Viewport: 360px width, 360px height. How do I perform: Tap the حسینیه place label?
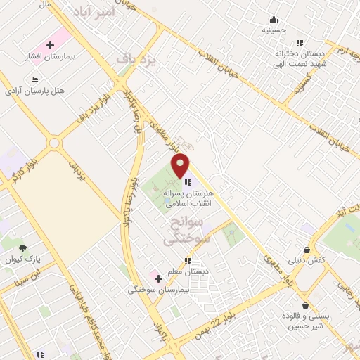click(x=273, y=30)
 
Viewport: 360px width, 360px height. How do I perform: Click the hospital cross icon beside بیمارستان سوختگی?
click(x=158, y=278)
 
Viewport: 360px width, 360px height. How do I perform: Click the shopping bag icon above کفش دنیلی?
click(x=307, y=250)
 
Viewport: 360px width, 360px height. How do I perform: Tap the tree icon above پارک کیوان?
click(x=23, y=248)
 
